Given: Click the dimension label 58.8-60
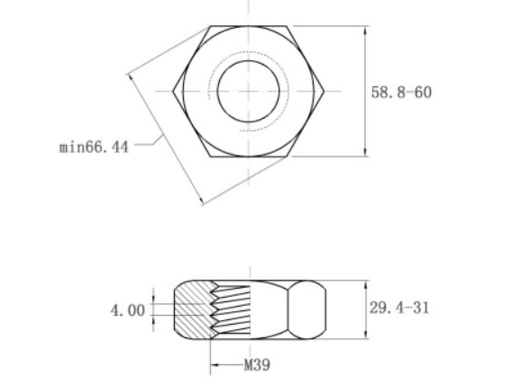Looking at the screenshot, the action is click(x=401, y=93).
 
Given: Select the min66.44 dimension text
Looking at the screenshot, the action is click(x=94, y=147).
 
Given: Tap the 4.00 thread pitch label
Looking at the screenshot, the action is click(x=128, y=310).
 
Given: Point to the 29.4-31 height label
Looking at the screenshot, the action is click(x=399, y=308).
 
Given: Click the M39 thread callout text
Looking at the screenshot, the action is click(x=257, y=365).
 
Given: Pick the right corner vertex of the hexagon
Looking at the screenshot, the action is click(x=324, y=91).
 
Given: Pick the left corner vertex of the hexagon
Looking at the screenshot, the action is click(x=173, y=91).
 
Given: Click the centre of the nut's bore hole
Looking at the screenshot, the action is click(x=249, y=91).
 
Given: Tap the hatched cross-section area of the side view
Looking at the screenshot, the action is click(x=192, y=309).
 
